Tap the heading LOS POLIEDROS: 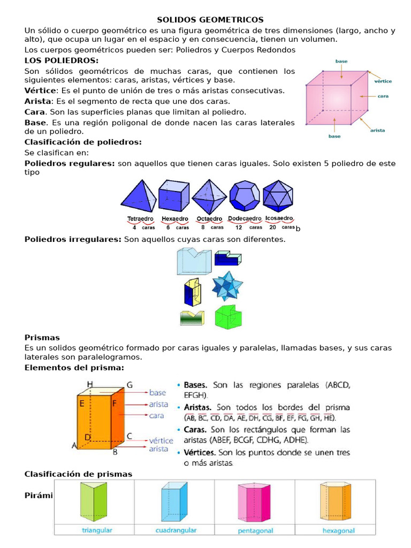pos(62,60)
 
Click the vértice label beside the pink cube pos(382,81)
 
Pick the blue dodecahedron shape pos(245,195)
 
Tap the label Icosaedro pos(279,218)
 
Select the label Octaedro pos(209,219)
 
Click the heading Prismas pos(42,338)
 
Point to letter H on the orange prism pos(90,384)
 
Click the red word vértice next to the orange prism pos(162,440)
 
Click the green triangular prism pos(93,501)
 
